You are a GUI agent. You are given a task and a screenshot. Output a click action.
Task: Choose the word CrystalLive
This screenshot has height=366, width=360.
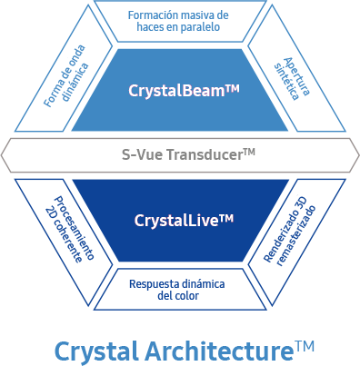[173, 220]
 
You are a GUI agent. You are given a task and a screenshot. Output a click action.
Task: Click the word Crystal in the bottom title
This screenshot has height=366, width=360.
[96, 350]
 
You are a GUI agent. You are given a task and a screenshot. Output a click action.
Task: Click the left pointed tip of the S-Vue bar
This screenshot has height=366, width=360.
[5, 154]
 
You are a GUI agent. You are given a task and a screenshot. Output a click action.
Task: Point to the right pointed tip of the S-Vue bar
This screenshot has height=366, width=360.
[355, 154]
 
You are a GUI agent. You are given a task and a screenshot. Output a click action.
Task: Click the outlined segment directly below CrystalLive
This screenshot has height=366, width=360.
[179, 289]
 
